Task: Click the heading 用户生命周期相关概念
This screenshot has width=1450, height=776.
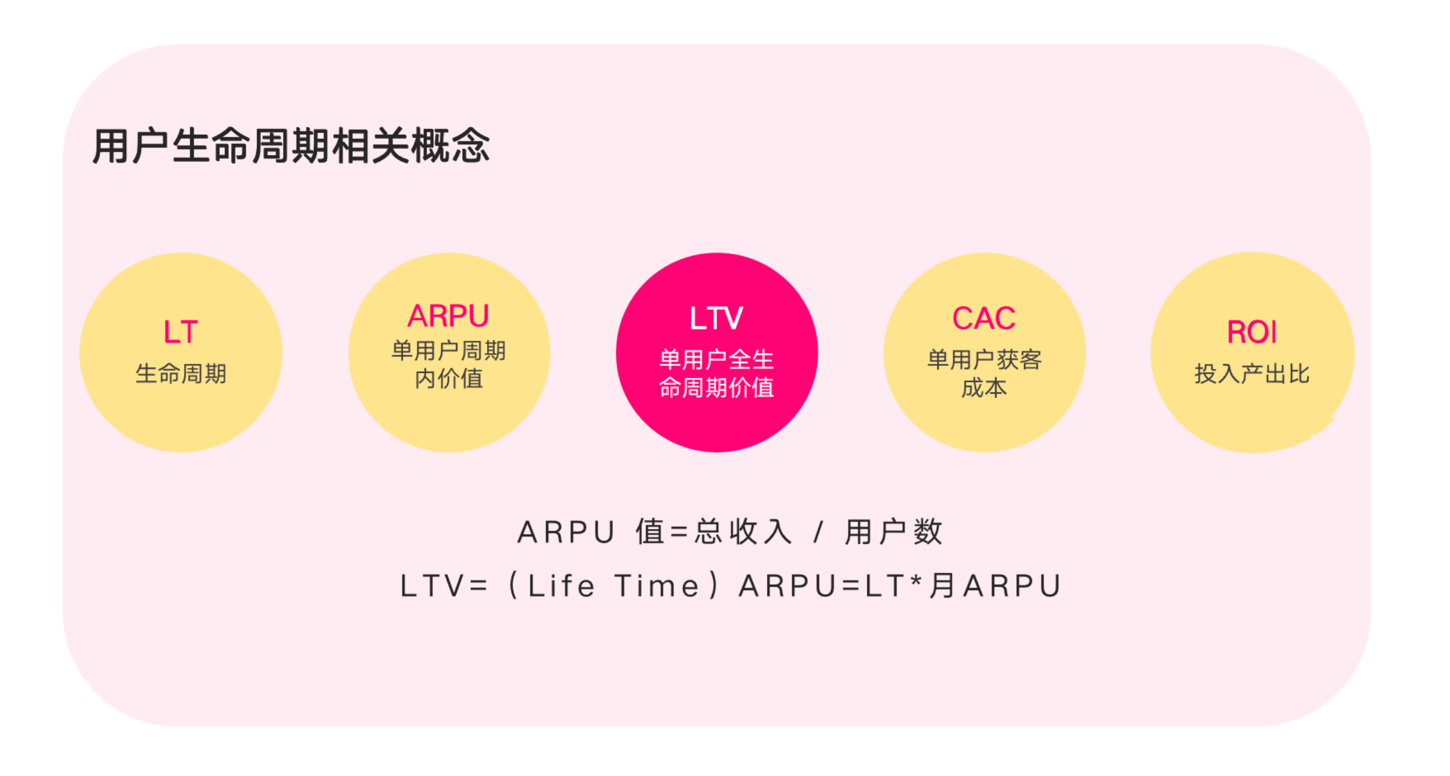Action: (291, 146)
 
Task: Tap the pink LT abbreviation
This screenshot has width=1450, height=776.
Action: (181, 332)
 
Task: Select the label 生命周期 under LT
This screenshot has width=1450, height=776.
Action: (181, 374)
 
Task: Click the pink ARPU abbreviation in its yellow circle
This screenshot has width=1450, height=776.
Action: (448, 316)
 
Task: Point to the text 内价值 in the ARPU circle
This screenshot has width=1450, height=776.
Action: (449, 378)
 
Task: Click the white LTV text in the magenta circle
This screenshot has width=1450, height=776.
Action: (716, 318)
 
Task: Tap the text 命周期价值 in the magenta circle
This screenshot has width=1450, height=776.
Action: (716, 388)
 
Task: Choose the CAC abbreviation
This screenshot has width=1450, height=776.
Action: (984, 318)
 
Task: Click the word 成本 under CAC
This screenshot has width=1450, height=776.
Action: (984, 388)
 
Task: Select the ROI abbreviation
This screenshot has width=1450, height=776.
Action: (1252, 332)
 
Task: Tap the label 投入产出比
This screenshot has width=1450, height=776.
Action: (1252, 374)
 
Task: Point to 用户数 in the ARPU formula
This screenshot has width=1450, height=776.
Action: (894, 532)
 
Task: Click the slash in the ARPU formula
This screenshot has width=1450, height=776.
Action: (818, 532)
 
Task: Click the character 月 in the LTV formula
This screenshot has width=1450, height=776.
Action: (942, 586)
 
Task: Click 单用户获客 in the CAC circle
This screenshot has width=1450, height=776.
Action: (984, 360)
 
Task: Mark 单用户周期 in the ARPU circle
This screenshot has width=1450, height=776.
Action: (449, 351)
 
